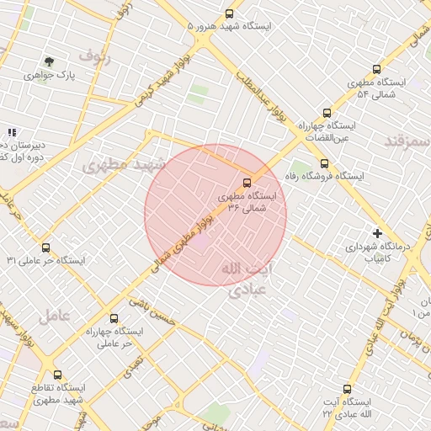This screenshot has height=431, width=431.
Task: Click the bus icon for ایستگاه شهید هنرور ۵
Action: (x=230, y=13)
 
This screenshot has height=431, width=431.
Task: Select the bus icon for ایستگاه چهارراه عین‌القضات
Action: (x=327, y=113)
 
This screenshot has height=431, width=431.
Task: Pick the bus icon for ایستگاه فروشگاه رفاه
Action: (x=324, y=164)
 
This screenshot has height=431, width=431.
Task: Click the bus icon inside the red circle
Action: (x=247, y=181)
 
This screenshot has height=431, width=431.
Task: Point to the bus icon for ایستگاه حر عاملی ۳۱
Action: (x=45, y=248)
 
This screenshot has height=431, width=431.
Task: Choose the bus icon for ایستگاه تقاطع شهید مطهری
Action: (x=57, y=375)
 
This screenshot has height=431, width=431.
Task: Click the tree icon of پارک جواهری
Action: (x=49, y=61)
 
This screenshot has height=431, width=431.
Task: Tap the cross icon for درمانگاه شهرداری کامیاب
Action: (x=378, y=232)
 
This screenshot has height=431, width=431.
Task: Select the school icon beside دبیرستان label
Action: (x=11, y=132)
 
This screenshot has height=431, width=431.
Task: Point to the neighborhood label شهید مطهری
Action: (x=116, y=165)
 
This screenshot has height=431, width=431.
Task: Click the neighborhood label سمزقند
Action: (x=407, y=141)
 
